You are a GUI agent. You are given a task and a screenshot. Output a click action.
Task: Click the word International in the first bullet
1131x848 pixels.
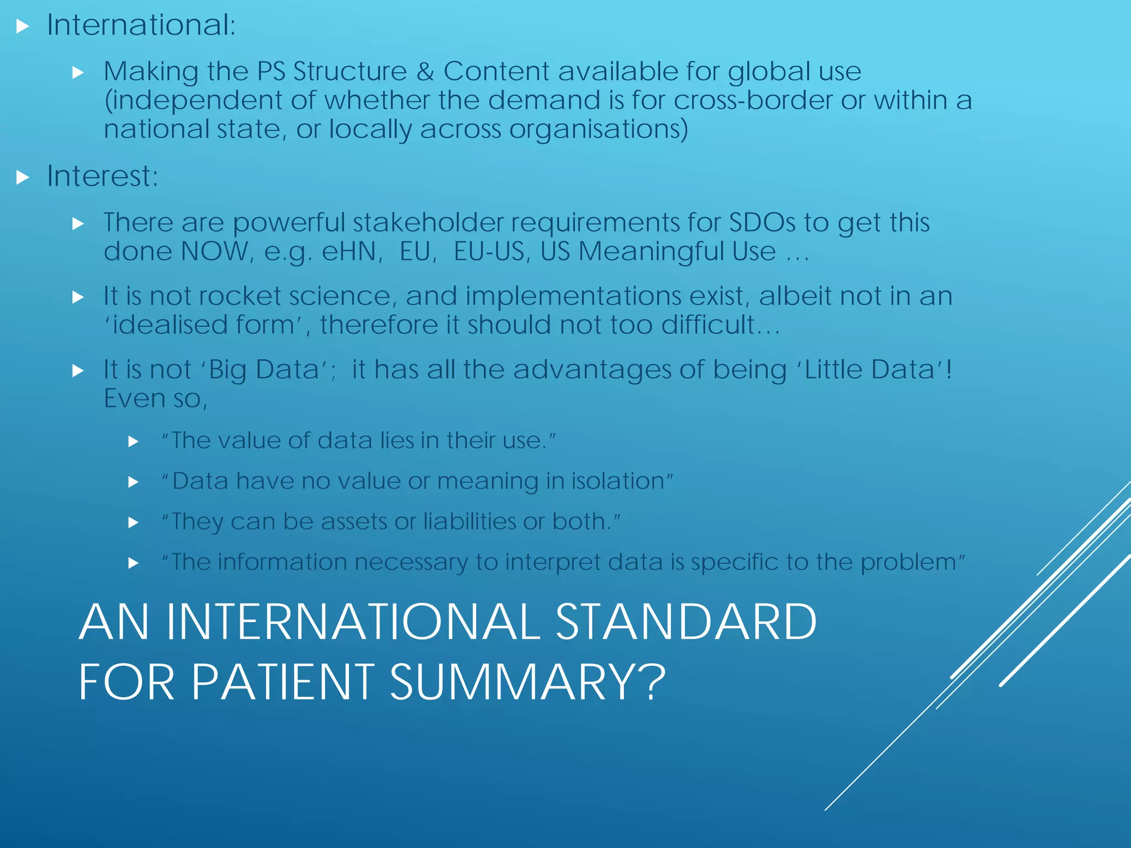tap(141, 25)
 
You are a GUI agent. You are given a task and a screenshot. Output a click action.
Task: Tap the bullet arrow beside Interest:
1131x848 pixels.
tap(22, 177)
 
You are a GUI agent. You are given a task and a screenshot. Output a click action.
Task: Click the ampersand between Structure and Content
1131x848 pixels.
tap(425, 72)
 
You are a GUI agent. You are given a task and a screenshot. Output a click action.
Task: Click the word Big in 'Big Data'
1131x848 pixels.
tap(227, 370)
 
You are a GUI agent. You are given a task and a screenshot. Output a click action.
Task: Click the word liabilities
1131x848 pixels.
tap(469, 522)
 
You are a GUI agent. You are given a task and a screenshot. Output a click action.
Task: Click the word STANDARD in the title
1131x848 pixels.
tap(685, 622)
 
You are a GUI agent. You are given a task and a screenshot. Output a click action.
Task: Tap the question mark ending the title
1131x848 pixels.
tap(654, 682)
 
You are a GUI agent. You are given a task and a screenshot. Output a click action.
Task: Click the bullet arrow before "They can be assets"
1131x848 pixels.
tap(133, 522)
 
